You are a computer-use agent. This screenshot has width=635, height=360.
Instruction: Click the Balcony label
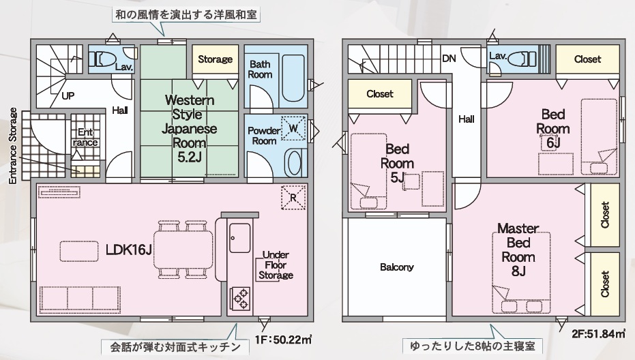tap(397, 267)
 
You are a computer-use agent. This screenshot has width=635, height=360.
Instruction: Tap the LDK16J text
tap(129, 250)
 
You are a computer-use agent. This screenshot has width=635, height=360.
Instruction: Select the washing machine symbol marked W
tap(293, 128)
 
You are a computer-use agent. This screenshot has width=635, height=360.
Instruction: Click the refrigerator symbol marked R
tap(293, 197)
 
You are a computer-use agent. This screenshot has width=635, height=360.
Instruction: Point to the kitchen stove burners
tap(240, 299)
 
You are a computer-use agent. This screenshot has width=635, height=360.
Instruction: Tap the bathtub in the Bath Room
tap(293, 78)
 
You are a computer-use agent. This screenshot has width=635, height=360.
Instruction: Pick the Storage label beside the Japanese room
tap(215, 59)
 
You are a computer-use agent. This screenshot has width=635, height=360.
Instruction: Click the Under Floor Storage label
tap(276, 265)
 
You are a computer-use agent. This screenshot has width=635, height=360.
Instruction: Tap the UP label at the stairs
tap(68, 96)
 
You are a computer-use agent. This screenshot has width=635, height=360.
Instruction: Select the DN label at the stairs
tap(449, 59)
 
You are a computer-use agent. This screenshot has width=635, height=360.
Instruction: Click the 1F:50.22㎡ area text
tap(283, 339)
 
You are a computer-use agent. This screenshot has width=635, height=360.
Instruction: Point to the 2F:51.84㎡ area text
tap(598, 334)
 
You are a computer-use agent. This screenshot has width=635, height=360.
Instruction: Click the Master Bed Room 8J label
tap(518, 250)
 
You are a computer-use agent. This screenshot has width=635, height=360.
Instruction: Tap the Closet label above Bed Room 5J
tap(380, 94)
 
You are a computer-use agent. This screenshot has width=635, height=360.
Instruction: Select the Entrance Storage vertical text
tap(14, 146)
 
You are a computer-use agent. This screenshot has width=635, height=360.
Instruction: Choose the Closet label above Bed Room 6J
tap(588, 59)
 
